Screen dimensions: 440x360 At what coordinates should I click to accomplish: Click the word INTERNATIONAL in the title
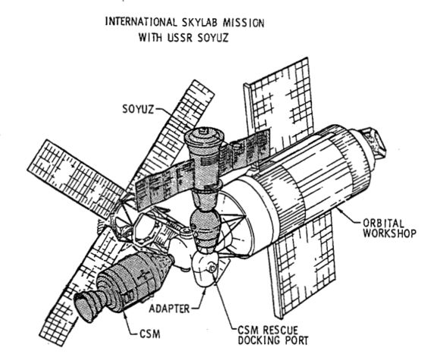click(x=141, y=22)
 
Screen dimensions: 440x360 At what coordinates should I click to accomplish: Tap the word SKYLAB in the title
click(x=200, y=23)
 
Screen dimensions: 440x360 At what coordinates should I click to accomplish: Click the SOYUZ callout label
click(x=138, y=109)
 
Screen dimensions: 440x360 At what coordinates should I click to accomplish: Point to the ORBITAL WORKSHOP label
click(x=389, y=228)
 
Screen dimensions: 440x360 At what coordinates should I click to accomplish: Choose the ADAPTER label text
click(x=169, y=308)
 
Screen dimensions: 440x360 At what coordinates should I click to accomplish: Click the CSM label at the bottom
click(x=150, y=334)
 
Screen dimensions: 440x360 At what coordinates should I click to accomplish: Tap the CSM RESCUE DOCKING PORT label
click(x=273, y=335)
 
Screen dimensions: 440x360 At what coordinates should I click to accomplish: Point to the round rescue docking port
click(x=212, y=268)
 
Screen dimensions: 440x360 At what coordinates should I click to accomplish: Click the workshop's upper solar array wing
click(x=278, y=107)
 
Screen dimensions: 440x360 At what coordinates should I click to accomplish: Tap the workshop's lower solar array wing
click(x=303, y=265)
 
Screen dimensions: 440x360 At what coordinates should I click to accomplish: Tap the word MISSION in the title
click(x=244, y=23)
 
